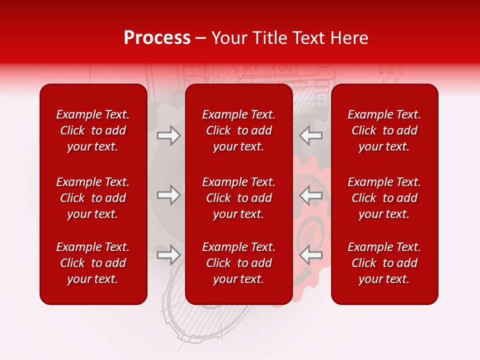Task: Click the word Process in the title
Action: [x=157, y=37]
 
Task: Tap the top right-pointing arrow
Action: [x=168, y=135]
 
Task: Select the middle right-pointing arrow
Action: [x=168, y=195]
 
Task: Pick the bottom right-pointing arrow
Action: [x=168, y=255]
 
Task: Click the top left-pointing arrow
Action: [x=310, y=135]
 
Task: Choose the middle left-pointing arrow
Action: [x=310, y=195]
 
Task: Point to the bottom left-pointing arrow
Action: [x=310, y=255]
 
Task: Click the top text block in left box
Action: [x=93, y=130]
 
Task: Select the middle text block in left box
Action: [x=93, y=198]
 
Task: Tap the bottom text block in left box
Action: [x=93, y=263]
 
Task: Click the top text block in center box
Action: [x=239, y=130]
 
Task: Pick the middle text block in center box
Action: [x=239, y=198]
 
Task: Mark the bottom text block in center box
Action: [x=239, y=263]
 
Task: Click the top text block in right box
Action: [x=384, y=130]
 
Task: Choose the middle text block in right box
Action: [x=384, y=198]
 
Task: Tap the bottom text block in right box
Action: [x=384, y=263]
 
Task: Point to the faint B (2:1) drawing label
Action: [x=390, y=69]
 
